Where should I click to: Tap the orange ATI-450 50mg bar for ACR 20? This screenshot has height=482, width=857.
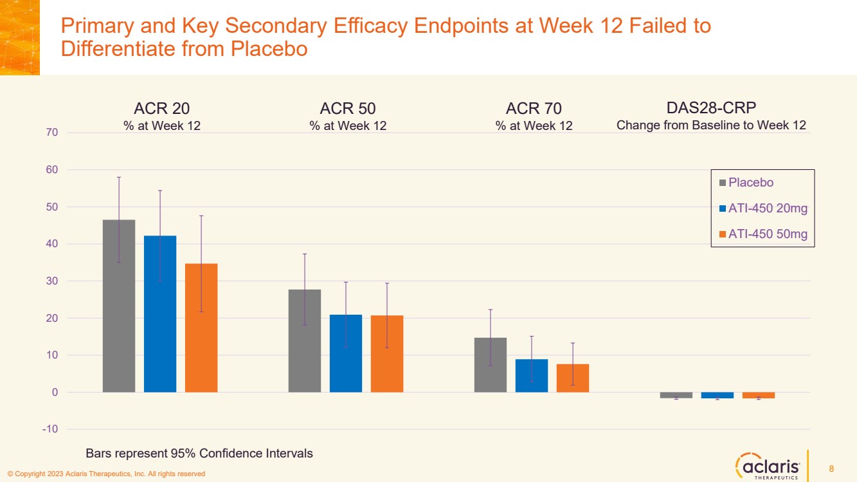[201, 328]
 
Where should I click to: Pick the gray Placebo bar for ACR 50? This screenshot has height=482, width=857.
[305, 340]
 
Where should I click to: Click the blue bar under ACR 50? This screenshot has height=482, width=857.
[346, 353]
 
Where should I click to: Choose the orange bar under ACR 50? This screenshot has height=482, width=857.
[387, 353]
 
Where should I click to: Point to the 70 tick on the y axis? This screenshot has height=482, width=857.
[51, 133]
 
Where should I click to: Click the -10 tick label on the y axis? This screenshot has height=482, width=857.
[50, 429]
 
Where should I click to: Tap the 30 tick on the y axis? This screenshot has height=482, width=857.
[51, 281]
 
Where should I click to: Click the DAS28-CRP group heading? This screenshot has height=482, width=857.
[711, 107]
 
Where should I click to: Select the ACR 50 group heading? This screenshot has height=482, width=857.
[348, 107]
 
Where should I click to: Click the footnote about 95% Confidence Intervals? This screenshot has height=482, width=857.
[199, 454]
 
